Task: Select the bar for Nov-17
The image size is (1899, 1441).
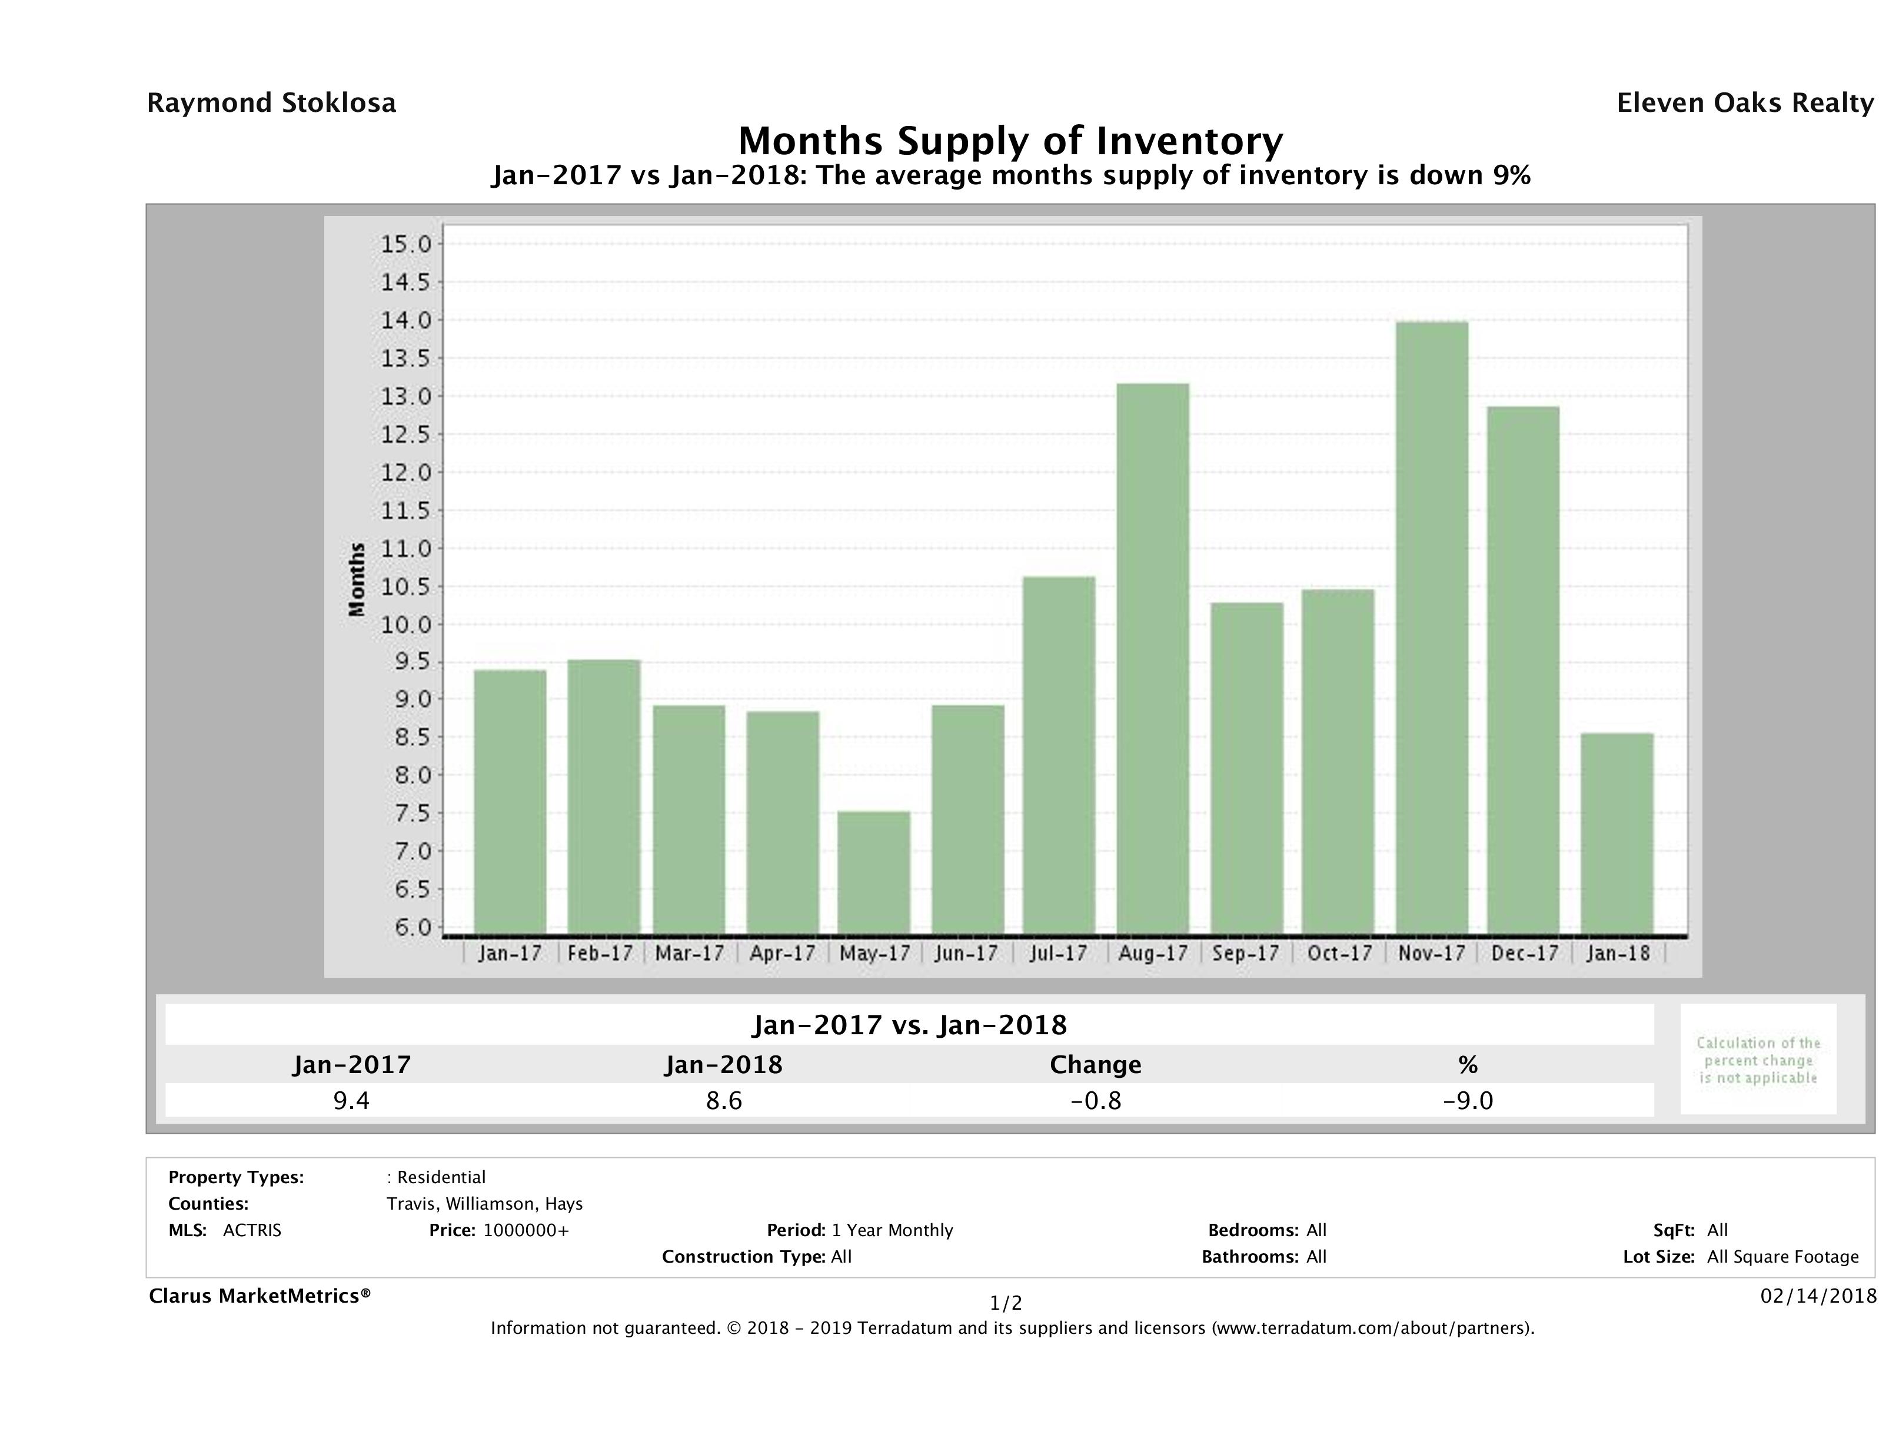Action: (x=1431, y=627)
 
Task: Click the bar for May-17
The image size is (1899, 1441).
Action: (x=874, y=872)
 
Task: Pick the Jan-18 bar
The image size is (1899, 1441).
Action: (x=1617, y=833)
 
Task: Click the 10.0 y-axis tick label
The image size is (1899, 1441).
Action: (x=406, y=625)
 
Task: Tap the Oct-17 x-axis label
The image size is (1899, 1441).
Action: (x=1338, y=953)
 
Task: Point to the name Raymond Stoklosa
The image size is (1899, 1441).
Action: (x=271, y=103)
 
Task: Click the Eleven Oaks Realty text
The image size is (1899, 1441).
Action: (x=1744, y=103)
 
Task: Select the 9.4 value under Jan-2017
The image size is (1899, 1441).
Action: (x=351, y=1100)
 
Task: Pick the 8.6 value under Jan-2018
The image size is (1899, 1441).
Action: (x=724, y=1100)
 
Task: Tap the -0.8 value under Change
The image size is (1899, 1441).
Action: (x=1096, y=1100)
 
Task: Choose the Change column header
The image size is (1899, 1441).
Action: (x=1096, y=1065)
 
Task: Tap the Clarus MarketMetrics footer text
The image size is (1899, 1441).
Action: (x=260, y=1296)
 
